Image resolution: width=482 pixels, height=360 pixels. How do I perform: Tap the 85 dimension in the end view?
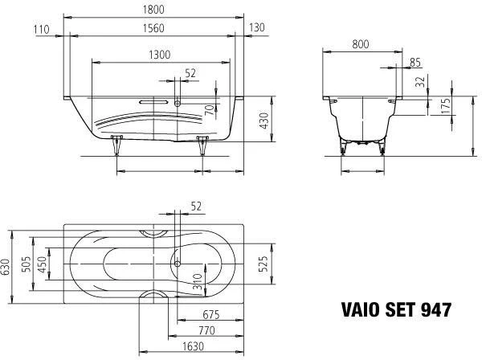coord(416,63)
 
